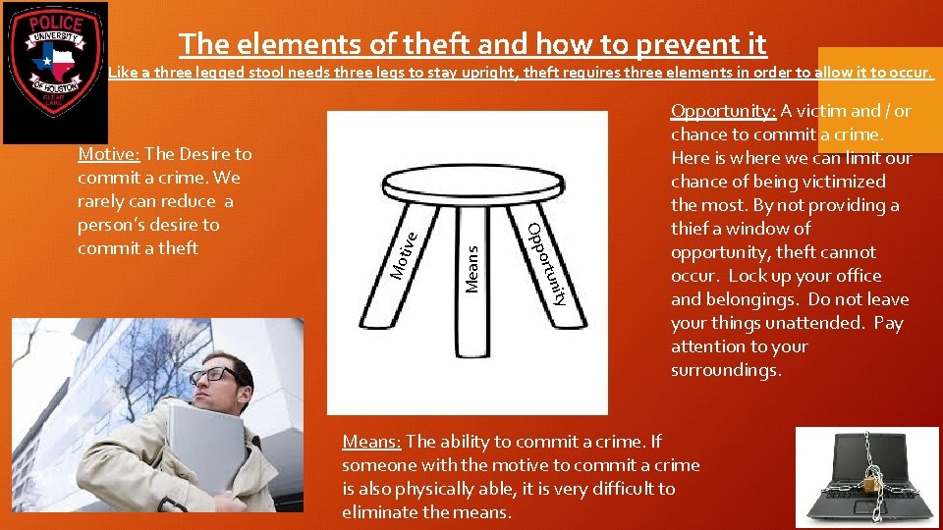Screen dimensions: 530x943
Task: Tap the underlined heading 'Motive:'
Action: point(109,154)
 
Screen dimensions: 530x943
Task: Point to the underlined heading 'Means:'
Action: point(371,442)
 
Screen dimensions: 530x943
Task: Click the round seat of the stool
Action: point(471,181)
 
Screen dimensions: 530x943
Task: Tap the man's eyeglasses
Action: point(216,375)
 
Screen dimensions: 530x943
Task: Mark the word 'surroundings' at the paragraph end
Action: point(724,370)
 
